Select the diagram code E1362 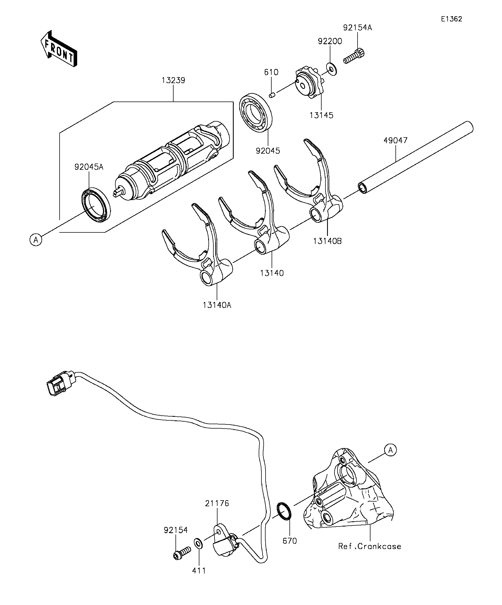point(451,19)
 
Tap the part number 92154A point(358,28)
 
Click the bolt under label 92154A point(354,57)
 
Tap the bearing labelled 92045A point(95,205)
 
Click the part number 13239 point(173,80)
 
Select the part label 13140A point(217,305)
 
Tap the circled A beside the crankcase point(390,450)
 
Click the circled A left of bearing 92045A point(36,240)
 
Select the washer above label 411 point(198,543)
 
